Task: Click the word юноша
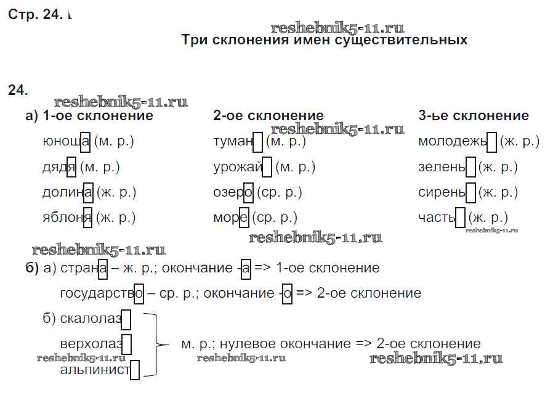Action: click(x=66, y=142)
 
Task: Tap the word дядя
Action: click(x=59, y=167)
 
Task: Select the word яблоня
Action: click(x=67, y=218)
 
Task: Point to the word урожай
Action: click(x=243, y=167)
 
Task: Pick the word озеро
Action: click(x=233, y=192)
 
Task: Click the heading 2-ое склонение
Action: click(x=268, y=115)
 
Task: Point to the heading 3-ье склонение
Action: click(x=474, y=115)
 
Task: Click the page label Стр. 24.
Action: click(x=35, y=15)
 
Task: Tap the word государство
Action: click(x=102, y=293)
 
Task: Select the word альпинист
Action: click(x=100, y=369)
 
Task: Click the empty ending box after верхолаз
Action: click(x=126, y=345)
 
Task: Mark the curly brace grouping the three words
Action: click(x=155, y=345)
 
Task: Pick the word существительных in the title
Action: click(x=401, y=40)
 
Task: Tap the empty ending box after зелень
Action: click(x=470, y=167)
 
